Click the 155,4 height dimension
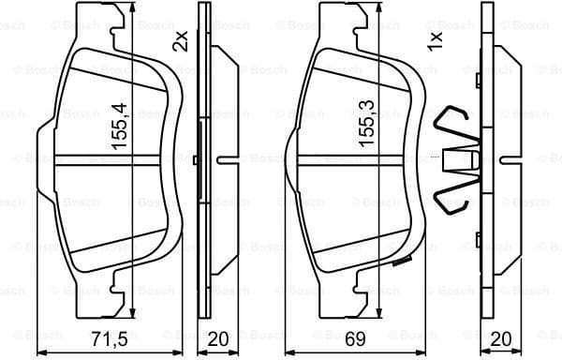click(118, 119)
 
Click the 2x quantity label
click(181, 41)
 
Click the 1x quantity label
click(435, 41)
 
